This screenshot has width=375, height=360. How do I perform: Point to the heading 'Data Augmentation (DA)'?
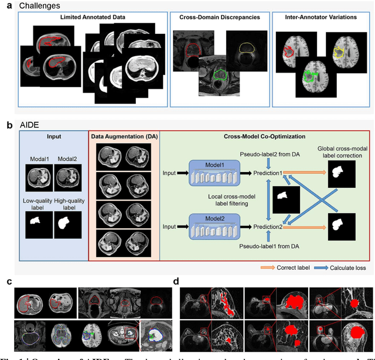click(x=123, y=137)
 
